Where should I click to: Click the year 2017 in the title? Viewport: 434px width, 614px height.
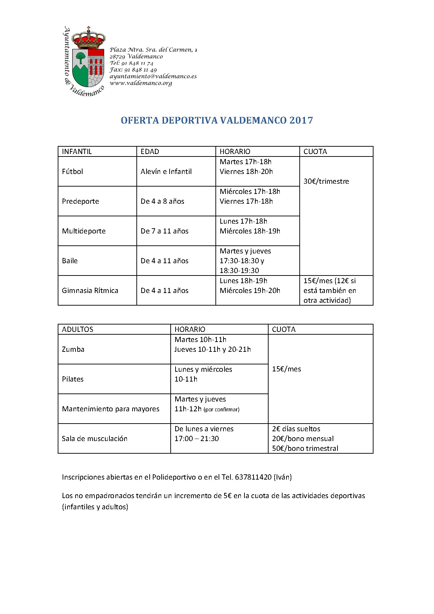click(301, 120)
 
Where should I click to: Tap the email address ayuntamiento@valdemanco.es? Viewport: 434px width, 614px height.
click(153, 76)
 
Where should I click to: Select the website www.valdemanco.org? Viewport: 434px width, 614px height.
click(141, 83)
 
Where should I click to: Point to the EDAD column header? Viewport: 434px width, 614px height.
click(150, 152)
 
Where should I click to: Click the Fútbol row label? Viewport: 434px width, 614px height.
click(72, 172)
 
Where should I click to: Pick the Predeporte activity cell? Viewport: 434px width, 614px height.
click(80, 201)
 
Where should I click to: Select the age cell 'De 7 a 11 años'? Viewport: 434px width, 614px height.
click(164, 231)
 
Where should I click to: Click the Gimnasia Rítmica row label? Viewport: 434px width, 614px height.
click(90, 291)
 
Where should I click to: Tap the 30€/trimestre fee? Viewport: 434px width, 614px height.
click(326, 181)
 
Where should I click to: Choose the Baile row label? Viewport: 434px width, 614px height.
click(70, 261)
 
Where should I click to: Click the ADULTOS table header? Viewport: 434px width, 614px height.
click(78, 329)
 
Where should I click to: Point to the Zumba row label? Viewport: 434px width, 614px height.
click(73, 349)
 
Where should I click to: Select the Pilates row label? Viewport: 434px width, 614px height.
click(73, 379)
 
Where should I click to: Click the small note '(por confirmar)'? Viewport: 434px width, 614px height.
click(221, 410)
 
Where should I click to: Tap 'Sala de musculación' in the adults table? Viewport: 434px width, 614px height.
click(94, 439)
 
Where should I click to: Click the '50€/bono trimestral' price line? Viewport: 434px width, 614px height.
click(305, 448)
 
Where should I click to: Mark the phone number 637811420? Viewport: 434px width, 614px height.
click(253, 477)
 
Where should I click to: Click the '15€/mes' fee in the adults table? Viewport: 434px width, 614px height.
click(286, 369)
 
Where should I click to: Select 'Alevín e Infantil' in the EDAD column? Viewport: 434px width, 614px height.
click(166, 172)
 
